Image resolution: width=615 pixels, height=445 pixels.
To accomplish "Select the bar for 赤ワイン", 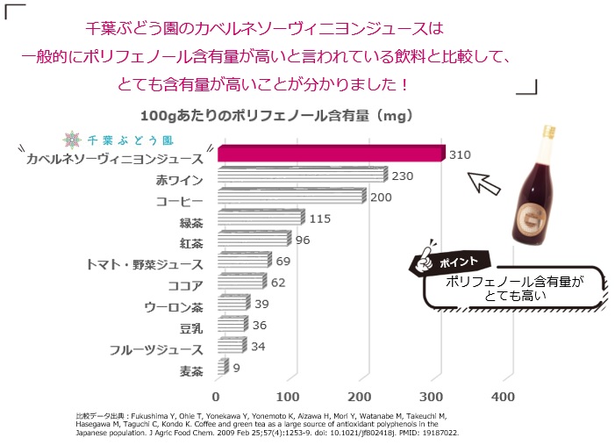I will point(300,176).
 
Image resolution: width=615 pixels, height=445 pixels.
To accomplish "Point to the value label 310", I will point(460,155).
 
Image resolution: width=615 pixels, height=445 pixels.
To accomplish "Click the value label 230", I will point(402,176).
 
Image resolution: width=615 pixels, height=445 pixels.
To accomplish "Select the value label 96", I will point(304,240).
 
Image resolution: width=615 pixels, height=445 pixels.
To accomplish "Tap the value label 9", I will point(237,368).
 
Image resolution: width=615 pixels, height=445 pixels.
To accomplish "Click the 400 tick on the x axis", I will point(502,396).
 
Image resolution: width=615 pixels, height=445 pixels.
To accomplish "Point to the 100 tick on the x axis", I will point(290,396).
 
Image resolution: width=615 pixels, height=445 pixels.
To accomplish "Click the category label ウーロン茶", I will point(173,306).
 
